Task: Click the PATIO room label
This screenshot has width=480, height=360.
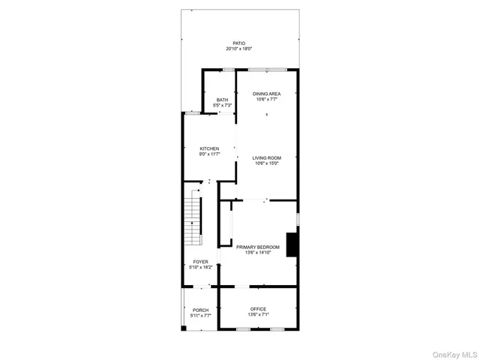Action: tap(239, 43)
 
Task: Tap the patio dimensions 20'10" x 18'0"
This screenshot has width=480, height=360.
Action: tap(239, 49)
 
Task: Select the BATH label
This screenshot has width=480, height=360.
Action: tap(222, 100)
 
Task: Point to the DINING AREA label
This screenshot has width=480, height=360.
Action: tap(266, 93)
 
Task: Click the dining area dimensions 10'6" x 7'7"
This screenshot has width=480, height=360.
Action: tap(266, 98)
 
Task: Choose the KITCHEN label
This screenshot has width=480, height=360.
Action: tap(209, 148)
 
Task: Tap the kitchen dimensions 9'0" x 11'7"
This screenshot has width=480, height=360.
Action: tap(209, 154)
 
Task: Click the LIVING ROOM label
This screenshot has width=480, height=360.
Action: tap(266, 157)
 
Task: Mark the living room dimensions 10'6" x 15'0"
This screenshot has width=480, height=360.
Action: tap(266, 163)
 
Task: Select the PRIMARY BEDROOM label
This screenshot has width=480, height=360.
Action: tap(258, 247)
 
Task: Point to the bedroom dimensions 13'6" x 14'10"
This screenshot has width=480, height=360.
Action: tap(258, 252)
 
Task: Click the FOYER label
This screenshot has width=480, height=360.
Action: tap(200, 262)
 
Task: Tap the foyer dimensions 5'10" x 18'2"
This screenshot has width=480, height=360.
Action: tap(200, 267)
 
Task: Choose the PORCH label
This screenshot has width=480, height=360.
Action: tap(200, 310)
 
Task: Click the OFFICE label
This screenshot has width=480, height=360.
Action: tap(258, 309)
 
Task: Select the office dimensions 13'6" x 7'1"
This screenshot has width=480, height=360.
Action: tap(258, 314)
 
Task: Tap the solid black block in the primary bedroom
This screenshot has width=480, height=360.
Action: tap(294, 244)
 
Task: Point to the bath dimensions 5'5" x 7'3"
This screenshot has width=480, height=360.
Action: tap(222, 105)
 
